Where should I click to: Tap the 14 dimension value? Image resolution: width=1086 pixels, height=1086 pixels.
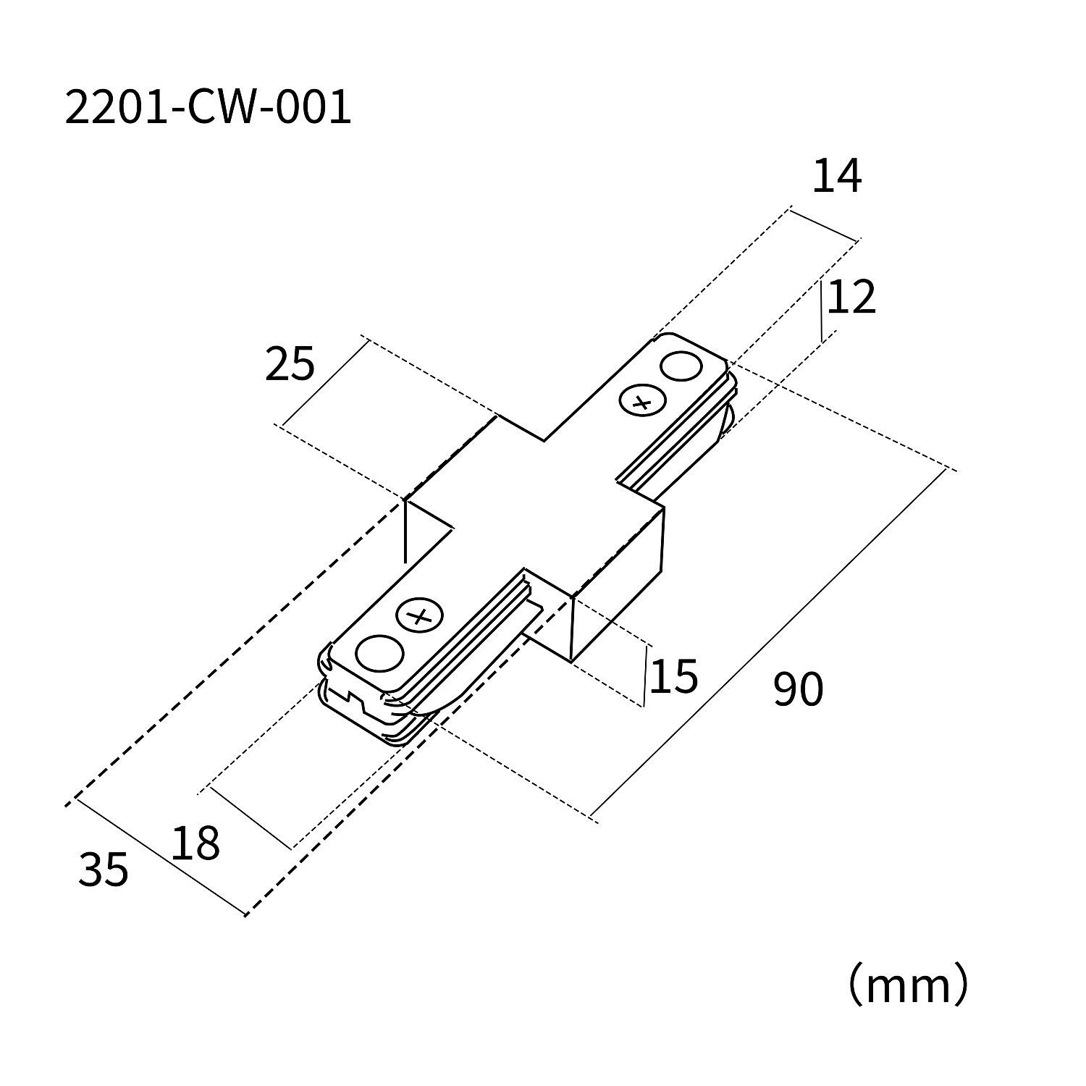[x=836, y=177]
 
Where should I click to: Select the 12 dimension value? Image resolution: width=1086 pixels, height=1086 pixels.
[x=851, y=298]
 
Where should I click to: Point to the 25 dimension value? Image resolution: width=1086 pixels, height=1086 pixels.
[x=290, y=364]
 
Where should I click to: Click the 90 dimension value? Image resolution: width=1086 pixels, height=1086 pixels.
[x=798, y=689]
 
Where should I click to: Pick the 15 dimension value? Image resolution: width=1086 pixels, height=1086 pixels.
[x=673, y=677]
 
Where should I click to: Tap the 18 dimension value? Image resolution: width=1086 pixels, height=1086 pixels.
[x=195, y=843]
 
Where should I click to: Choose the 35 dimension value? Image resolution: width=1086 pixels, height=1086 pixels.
[x=104, y=870]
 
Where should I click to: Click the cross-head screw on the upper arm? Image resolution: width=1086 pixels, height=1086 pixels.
[x=641, y=402]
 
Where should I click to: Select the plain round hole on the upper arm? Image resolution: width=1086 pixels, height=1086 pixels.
[x=681, y=366]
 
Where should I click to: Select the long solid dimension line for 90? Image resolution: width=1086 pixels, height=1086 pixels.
[x=769, y=642]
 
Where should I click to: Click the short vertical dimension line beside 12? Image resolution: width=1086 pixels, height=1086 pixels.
[x=822, y=311]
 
